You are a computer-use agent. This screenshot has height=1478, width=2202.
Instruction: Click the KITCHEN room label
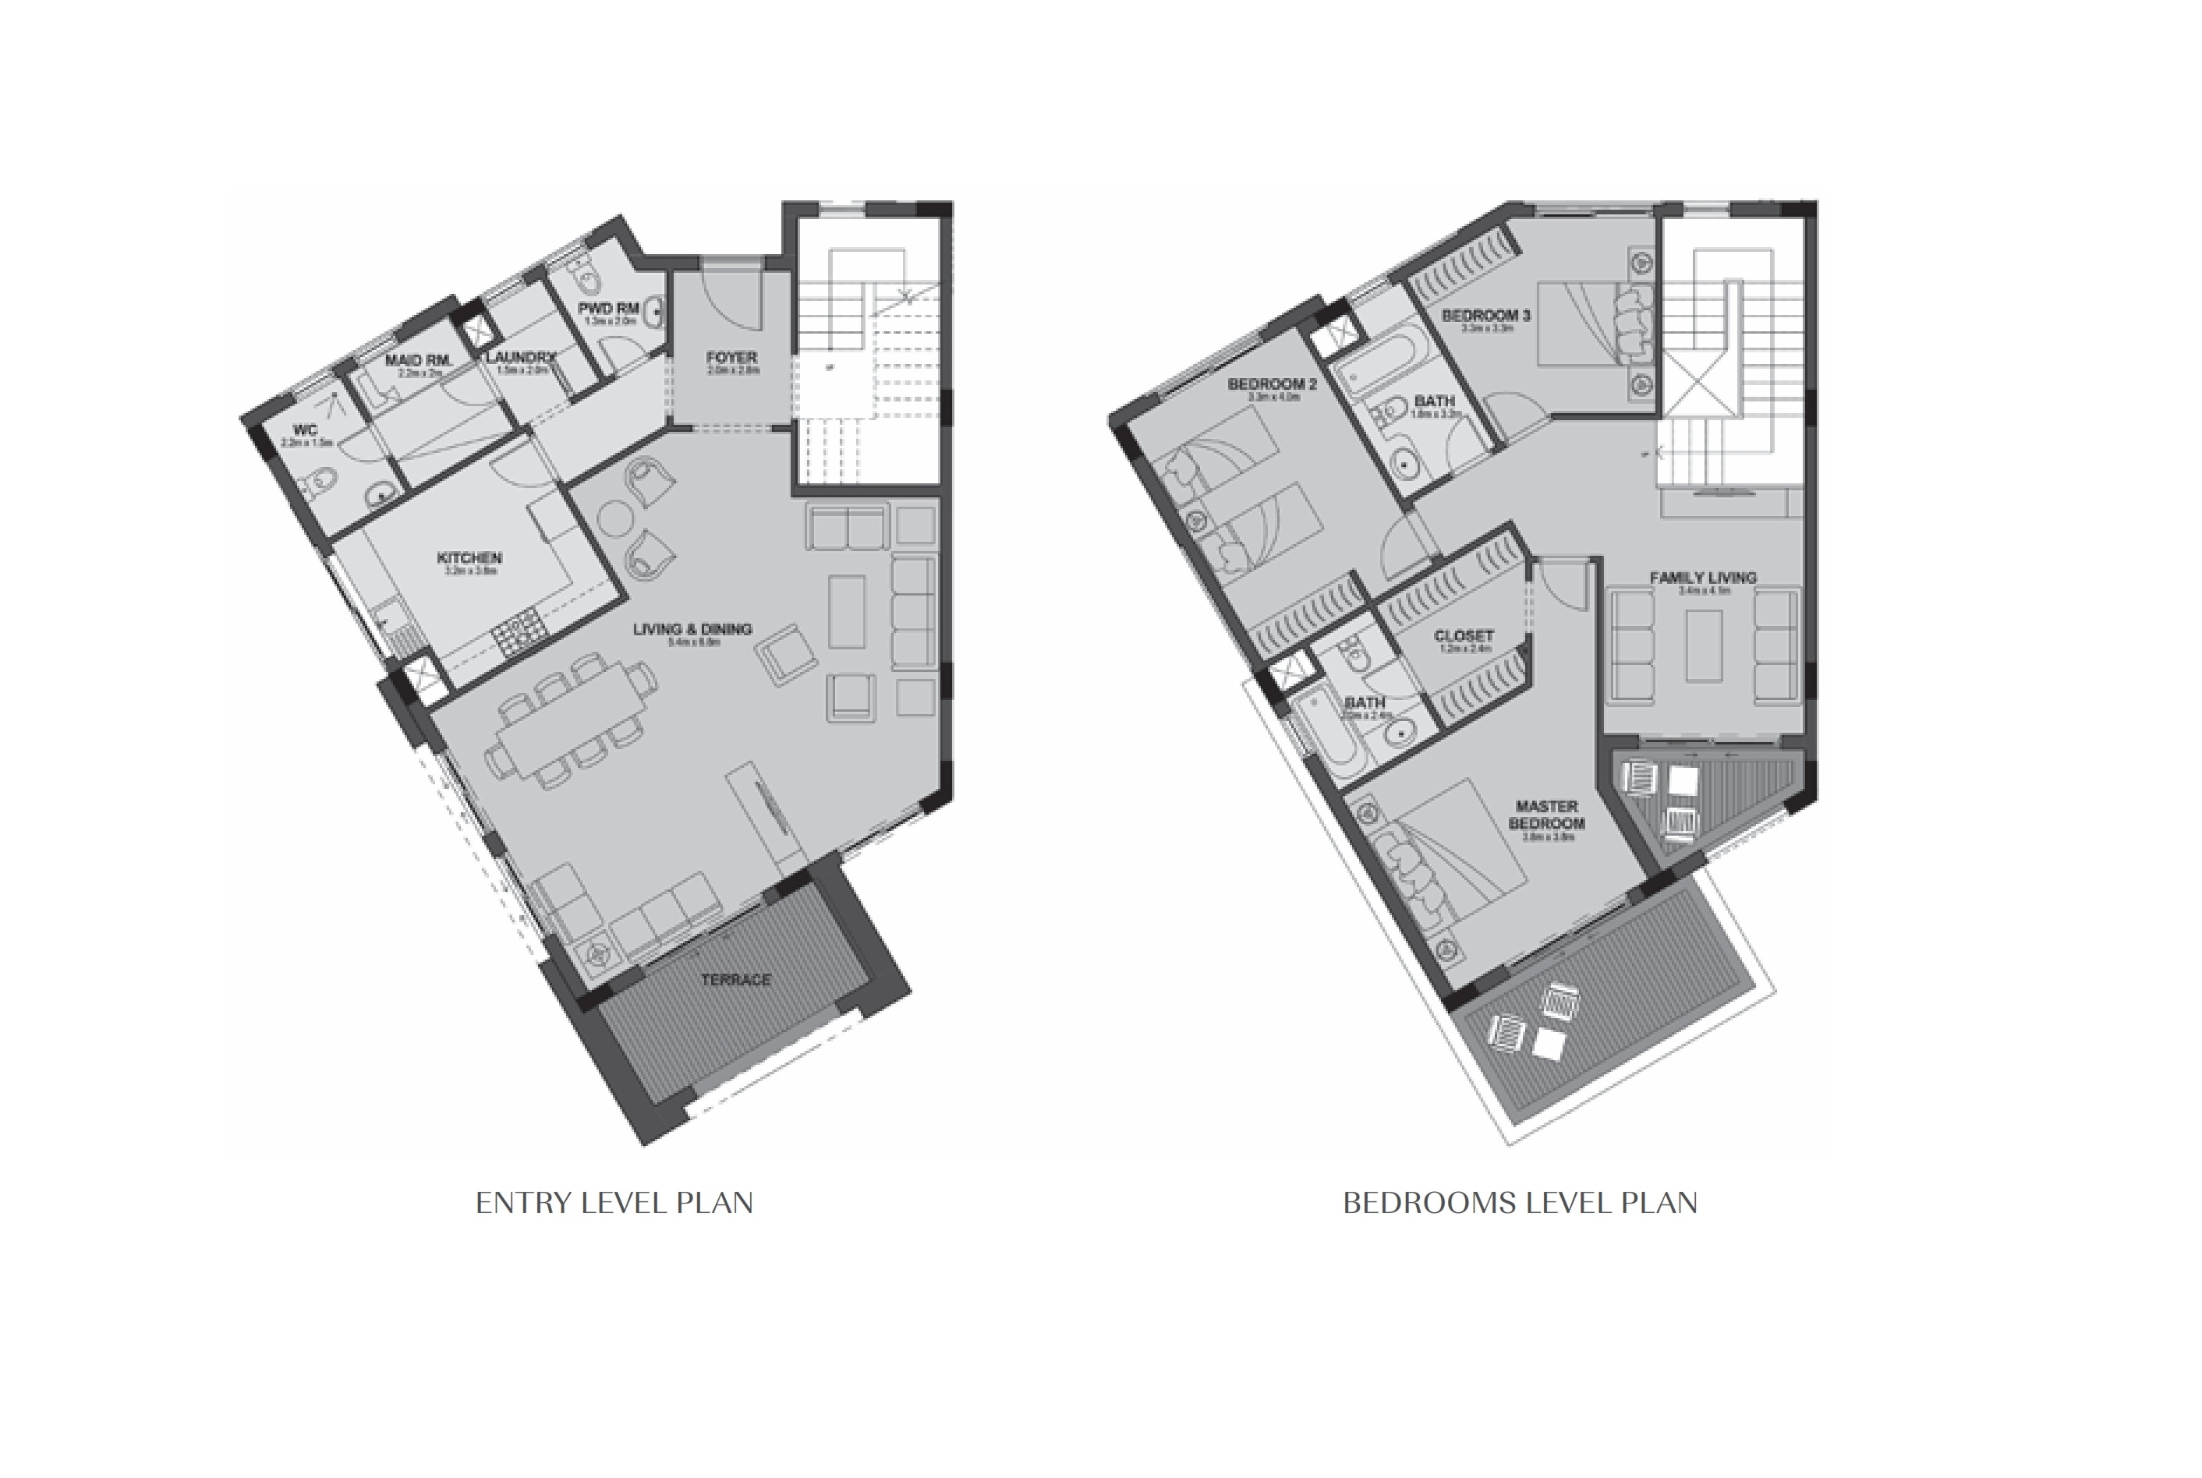coord(469,558)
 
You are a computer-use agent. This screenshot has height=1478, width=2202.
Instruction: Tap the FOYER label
coord(731,358)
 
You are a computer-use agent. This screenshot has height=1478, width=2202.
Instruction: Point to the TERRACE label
coord(735,979)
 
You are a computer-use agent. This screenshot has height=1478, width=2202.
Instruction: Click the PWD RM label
coord(609,308)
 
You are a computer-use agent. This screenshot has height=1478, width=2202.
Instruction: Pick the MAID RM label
coord(416,361)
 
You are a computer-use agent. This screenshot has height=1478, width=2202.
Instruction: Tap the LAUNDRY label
coord(520,357)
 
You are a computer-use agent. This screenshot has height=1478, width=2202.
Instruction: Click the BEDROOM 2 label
coord(1272,384)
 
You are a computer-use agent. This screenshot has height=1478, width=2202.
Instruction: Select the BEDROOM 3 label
coord(1486,316)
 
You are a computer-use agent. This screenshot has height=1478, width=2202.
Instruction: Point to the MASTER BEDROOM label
coord(1547,815)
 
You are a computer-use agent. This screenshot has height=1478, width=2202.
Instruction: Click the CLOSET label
coord(1463,636)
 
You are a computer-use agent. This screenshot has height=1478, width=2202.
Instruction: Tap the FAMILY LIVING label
coord(1702,578)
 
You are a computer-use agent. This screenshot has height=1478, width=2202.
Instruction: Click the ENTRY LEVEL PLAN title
coord(614,1204)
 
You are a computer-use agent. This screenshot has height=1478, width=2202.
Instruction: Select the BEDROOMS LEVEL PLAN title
coord(1520,1204)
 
